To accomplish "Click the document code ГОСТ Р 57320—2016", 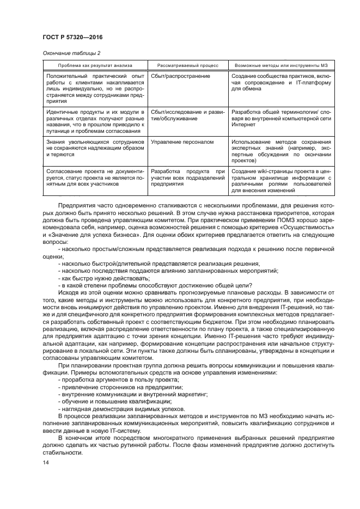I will [72, 36].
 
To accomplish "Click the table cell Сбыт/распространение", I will [174, 77].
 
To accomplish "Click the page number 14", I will [45, 463].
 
